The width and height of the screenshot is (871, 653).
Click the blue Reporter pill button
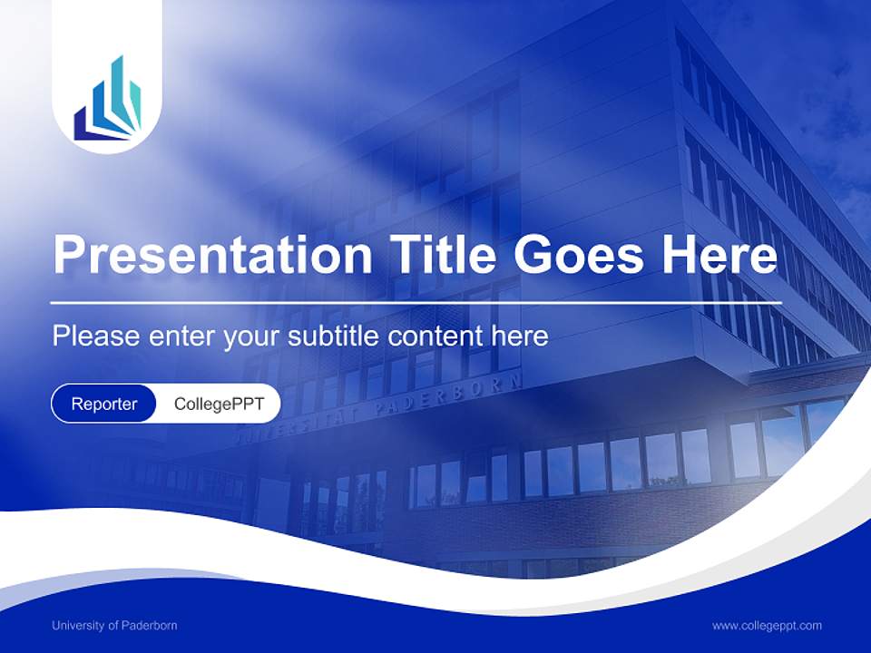point(104,404)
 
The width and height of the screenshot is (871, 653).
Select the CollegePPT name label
point(219,404)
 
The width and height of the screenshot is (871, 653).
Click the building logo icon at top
point(107,100)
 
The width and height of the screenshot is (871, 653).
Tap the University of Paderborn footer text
point(114,626)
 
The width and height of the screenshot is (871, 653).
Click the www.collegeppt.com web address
point(767,626)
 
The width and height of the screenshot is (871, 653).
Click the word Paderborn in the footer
point(151,626)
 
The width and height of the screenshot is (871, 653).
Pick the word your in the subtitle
point(251,336)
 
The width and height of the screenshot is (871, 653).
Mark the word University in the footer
point(79,626)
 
